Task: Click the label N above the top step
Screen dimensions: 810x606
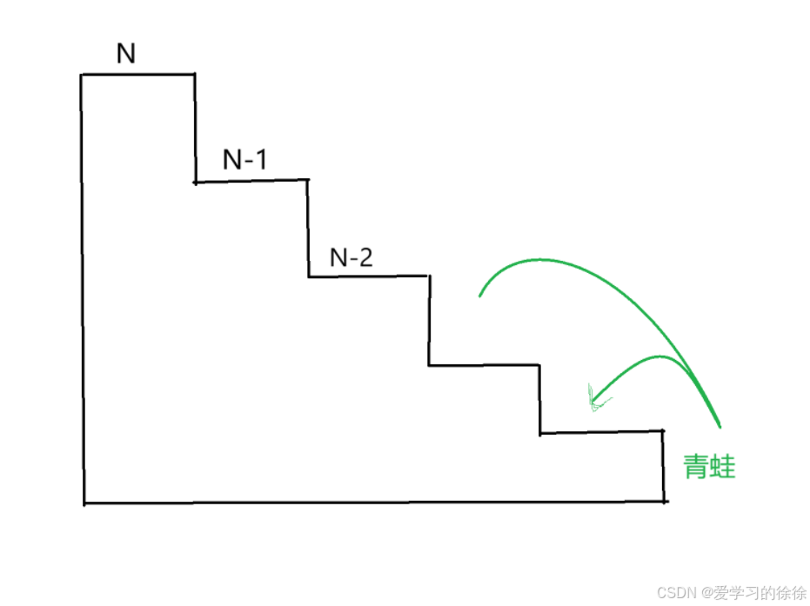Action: pos(126,54)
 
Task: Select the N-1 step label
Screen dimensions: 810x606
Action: pos(245,160)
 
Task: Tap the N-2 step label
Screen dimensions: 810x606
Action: pos(351,257)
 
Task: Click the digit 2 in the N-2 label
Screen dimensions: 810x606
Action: pos(365,257)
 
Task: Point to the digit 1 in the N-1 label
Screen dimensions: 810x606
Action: pos(262,160)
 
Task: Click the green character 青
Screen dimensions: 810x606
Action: pos(696,468)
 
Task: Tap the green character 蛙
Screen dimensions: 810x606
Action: pos(722,468)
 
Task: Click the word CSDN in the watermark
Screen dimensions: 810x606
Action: pos(674,592)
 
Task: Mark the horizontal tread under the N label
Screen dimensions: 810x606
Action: pos(137,75)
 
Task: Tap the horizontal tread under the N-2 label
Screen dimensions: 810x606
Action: pos(368,276)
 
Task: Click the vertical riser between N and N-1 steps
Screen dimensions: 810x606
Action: pos(194,129)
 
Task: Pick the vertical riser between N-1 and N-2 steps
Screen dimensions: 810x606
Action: pos(308,228)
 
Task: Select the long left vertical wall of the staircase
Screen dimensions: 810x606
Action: pos(83,287)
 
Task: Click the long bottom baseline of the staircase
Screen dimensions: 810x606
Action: pos(374,502)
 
